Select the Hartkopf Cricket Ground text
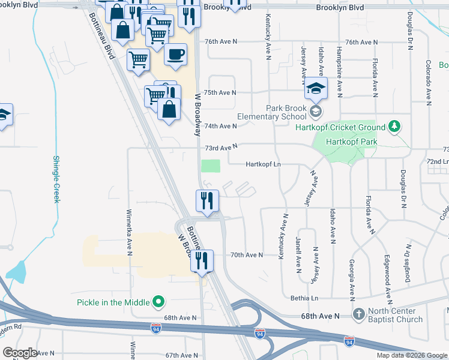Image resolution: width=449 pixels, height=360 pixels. tap(340, 127)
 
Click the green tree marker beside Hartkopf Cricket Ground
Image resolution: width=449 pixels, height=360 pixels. tap(394, 127)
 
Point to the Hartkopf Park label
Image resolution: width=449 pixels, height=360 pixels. tap(350, 142)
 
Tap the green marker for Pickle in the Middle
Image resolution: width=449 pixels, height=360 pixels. tap(158, 301)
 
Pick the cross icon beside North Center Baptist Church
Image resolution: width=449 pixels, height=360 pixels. tap(358, 314)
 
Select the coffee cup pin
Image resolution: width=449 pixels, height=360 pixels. tap(175, 55)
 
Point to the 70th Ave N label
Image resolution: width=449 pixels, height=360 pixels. tap(247, 255)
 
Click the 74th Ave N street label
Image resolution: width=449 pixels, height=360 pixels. tap(221, 126)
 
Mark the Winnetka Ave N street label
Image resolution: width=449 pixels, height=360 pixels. tap(128, 232)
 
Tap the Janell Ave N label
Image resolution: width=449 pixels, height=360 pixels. tap(298, 255)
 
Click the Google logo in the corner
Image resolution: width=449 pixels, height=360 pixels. tap(20, 353)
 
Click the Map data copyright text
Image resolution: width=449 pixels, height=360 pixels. tap(411, 355)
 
